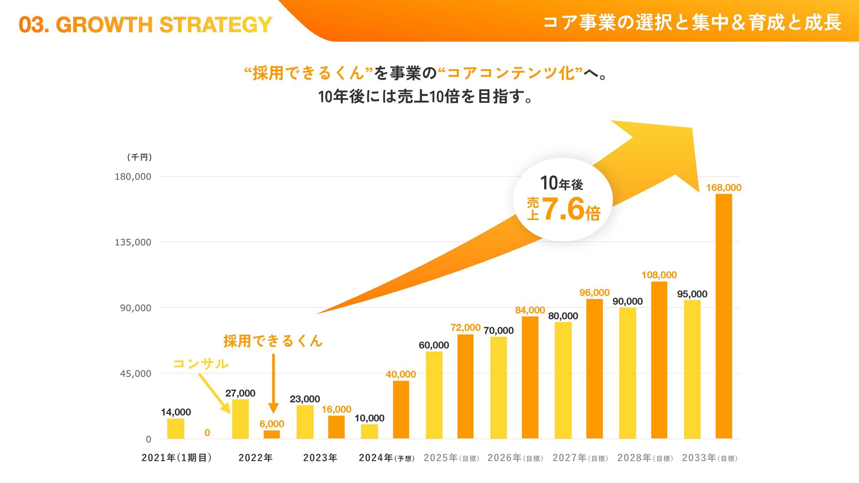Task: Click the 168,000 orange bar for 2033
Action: click(x=723, y=316)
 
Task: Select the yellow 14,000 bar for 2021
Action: click(x=175, y=428)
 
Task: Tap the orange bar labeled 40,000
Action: click(x=401, y=409)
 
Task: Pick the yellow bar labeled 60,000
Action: click(x=434, y=395)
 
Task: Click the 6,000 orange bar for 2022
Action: click(x=272, y=434)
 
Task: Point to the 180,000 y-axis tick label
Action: click(x=133, y=177)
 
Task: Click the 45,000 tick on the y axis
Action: click(x=136, y=373)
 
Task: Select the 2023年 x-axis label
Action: click(x=320, y=458)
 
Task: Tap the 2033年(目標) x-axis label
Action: click(x=710, y=458)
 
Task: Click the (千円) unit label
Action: click(x=139, y=157)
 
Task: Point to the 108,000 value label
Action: click(x=659, y=275)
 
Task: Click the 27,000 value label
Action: click(x=240, y=393)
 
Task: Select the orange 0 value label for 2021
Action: click(x=207, y=432)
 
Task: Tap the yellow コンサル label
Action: click(x=201, y=364)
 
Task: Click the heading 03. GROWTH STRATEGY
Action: click(x=145, y=25)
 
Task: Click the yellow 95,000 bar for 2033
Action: click(x=692, y=369)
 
